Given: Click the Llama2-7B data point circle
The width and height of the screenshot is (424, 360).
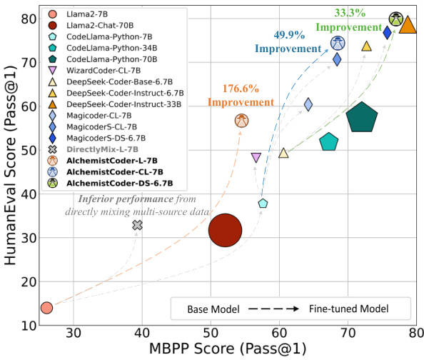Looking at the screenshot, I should click(x=46, y=308).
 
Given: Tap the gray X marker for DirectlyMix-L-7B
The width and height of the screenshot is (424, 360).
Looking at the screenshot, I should click(x=138, y=226).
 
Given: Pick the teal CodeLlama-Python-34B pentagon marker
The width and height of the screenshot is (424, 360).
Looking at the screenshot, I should click(x=328, y=142).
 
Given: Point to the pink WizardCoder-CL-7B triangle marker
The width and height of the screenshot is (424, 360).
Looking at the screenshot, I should click(x=256, y=157).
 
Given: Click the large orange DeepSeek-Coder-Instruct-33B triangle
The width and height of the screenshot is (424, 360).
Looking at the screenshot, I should click(x=408, y=26).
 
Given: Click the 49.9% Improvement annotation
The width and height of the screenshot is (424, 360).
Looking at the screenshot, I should click(x=297, y=41).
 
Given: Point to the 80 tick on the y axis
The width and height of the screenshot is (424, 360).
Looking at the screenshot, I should click(x=28, y=19).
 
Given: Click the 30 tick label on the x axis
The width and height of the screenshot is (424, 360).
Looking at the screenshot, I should click(x=73, y=332).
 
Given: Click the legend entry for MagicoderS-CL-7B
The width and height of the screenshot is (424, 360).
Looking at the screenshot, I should click(x=106, y=126).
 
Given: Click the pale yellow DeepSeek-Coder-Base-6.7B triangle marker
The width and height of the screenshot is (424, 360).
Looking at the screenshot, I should click(x=283, y=153).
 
